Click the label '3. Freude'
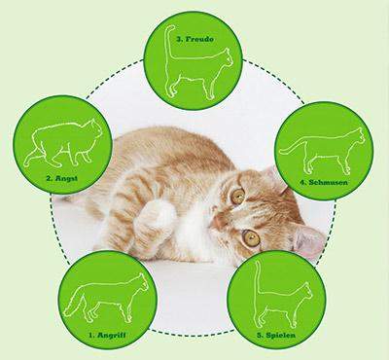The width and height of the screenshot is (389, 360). [x=195, y=40]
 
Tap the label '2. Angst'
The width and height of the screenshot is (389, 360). [x=62, y=178]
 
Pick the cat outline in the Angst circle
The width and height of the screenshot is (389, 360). [x=64, y=145]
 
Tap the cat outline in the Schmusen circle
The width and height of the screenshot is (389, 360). [x=320, y=151]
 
